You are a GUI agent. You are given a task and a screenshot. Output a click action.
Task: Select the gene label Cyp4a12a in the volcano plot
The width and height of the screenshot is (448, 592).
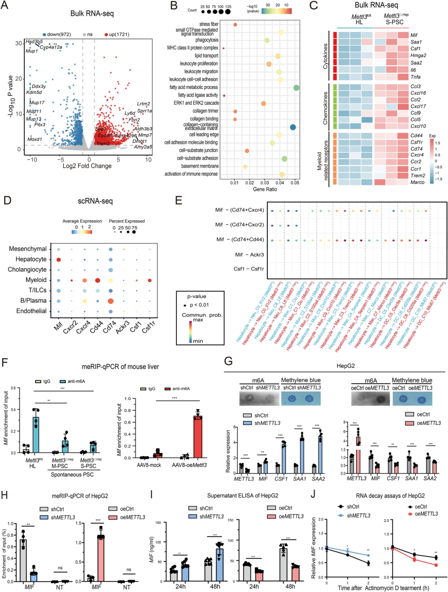(x=51, y=47)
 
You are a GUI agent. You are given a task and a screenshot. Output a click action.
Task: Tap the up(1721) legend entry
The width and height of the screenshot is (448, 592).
(x=117, y=34)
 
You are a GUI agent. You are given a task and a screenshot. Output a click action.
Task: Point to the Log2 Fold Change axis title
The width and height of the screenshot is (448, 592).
(x=87, y=166)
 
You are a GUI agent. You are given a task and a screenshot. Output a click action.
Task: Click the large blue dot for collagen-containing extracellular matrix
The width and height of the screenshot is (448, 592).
(x=293, y=127)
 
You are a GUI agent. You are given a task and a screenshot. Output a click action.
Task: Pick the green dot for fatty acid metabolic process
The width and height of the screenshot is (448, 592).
(x=296, y=87)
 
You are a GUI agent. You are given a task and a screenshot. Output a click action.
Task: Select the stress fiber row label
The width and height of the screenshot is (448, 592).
(x=209, y=24)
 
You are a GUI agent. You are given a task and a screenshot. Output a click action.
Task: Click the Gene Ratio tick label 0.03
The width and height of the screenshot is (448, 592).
(x=265, y=182)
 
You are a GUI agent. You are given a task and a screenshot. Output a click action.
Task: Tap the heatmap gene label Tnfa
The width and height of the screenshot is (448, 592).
(x=415, y=77)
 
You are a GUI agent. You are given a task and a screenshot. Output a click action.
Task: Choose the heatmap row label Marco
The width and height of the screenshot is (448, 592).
(x=417, y=182)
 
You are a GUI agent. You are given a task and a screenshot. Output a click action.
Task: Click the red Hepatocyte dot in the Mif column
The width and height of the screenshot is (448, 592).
(x=59, y=260)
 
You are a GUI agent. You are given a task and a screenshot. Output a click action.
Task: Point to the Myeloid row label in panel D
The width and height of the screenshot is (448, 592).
(x=36, y=280)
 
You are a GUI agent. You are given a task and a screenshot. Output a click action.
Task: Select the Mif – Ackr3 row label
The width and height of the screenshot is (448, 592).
(x=249, y=255)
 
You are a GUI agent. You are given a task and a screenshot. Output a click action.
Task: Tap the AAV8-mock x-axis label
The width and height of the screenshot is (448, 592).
(x=149, y=465)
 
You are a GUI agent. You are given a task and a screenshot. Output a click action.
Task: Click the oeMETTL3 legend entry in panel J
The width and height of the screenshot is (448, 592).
(x=426, y=514)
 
